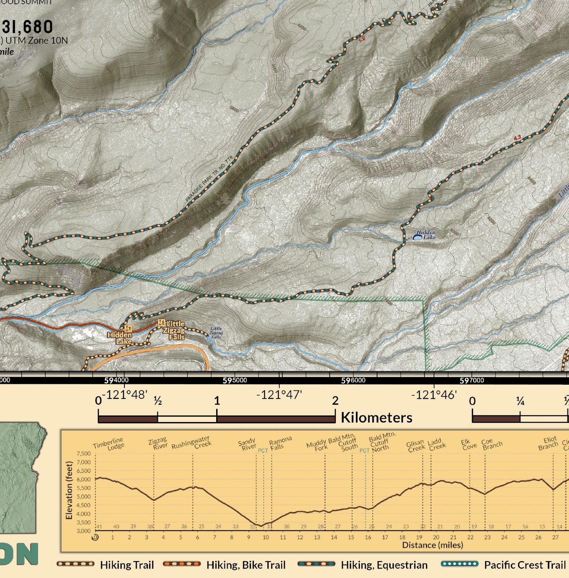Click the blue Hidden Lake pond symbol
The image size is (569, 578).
[417, 237]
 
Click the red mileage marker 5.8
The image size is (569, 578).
[362, 39]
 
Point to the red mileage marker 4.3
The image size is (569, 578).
[517, 138]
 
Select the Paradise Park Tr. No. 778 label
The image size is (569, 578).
[209, 179]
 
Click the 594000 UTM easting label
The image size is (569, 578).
[116, 380]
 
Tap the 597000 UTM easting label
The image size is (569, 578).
[472, 380]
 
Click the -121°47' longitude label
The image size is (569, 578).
[279, 395]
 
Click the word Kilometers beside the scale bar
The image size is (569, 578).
[376, 417]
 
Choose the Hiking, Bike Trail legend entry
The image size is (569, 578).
[246, 565]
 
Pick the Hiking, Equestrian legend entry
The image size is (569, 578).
[384, 565]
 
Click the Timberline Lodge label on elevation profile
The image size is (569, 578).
[109, 444]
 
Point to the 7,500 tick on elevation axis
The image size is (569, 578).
[83, 454]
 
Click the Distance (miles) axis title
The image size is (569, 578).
[432, 545]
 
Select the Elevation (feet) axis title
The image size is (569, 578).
[69, 490]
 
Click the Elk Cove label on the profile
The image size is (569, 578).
[469, 445]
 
